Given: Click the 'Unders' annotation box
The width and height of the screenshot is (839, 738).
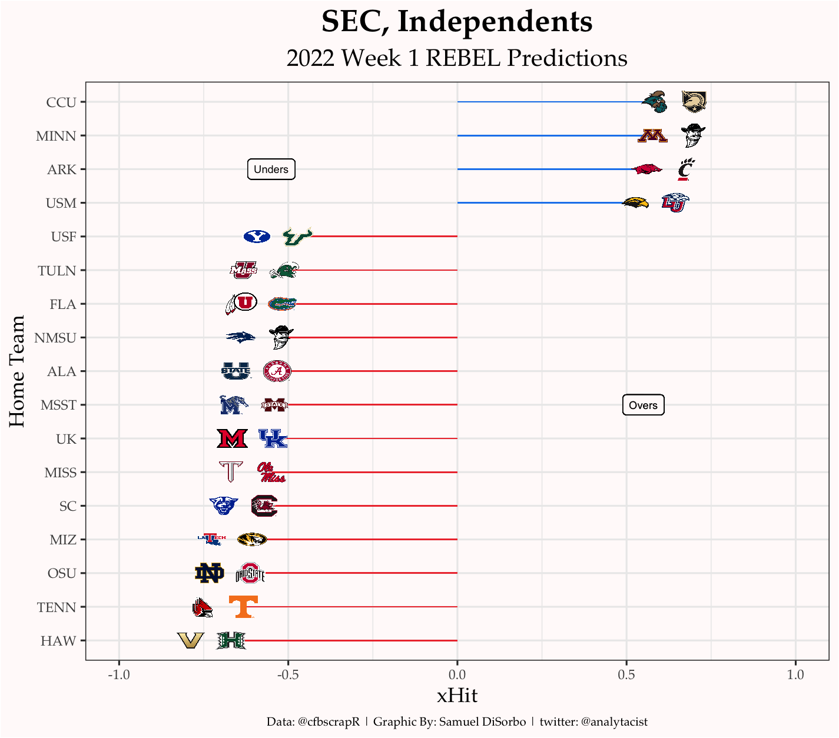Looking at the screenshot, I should pyautogui.click(x=271, y=169).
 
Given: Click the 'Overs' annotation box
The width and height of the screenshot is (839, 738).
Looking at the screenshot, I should pyautogui.click(x=643, y=405).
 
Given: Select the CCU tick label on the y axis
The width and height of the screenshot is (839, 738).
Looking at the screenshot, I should pyautogui.click(x=61, y=102).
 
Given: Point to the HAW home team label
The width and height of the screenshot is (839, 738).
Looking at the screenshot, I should pyautogui.click(x=58, y=641).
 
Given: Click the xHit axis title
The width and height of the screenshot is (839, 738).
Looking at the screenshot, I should pyautogui.click(x=457, y=696).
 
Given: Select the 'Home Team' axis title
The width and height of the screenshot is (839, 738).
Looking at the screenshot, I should pyautogui.click(x=18, y=371).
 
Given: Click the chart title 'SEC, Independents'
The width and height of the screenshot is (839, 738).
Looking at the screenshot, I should pyautogui.click(x=457, y=22).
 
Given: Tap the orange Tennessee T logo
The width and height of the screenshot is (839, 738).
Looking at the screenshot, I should pyautogui.click(x=243, y=607).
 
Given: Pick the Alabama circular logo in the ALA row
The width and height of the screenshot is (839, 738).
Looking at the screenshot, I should pyautogui.click(x=277, y=371).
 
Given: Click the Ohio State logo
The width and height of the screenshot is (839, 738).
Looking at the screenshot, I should pyautogui.click(x=250, y=573).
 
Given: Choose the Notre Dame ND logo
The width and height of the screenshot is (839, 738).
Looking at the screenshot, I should pyautogui.click(x=209, y=573).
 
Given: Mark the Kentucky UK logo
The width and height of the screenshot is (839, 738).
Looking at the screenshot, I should pyautogui.click(x=273, y=438).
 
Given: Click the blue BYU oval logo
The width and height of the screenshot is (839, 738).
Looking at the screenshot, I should pyautogui.click(x=257, y=237).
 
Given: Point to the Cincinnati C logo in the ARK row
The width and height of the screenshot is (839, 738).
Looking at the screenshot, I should pyautogui.click(x=685, y=169).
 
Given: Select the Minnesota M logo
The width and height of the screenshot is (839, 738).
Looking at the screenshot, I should pyautogui.click(x=652, y=136).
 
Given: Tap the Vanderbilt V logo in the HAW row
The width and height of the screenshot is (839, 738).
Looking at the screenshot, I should pyautogui.click(x=191, y=640).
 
